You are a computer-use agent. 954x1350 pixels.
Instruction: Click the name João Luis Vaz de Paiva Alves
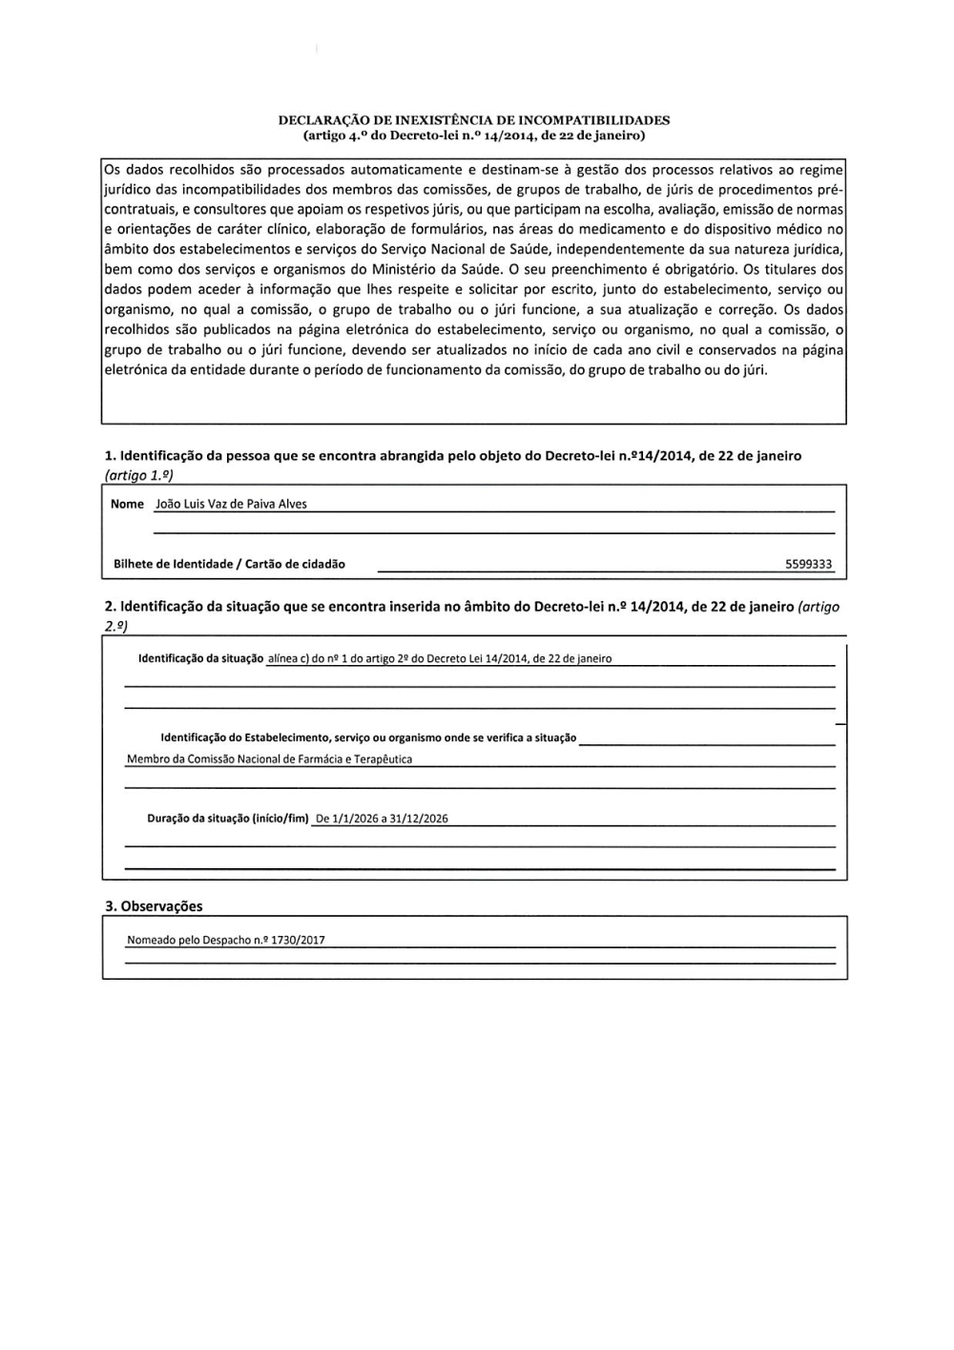click(231, 505)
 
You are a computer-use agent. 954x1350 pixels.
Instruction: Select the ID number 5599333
click(808, 564)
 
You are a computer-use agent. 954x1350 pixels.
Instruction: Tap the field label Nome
click(127, 505)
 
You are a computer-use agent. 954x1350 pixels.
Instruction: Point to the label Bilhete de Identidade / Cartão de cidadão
click(229, 564)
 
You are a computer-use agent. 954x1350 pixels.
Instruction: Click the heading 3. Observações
click(154, 906)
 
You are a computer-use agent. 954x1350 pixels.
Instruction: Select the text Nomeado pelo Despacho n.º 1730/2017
click(226, 941)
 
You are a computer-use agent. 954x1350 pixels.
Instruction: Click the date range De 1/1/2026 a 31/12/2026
click(382, 819)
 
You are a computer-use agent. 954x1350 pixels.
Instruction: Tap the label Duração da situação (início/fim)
click(228, 819)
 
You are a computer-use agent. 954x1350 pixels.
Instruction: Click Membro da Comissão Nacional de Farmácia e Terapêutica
click(269, 759)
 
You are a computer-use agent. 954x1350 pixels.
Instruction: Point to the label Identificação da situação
click(200, 658)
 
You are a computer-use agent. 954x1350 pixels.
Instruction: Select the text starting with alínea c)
click(440, 658)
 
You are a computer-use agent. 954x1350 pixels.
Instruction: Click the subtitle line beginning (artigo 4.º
click(474, 135)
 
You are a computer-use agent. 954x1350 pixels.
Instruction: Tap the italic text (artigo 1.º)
click(139, 475)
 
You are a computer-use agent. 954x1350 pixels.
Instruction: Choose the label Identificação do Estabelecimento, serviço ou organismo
click(368, 737)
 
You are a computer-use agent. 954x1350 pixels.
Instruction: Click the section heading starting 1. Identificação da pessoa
click(453, 456)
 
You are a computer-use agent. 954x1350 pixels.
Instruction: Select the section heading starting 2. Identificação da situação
click(448, 607)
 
